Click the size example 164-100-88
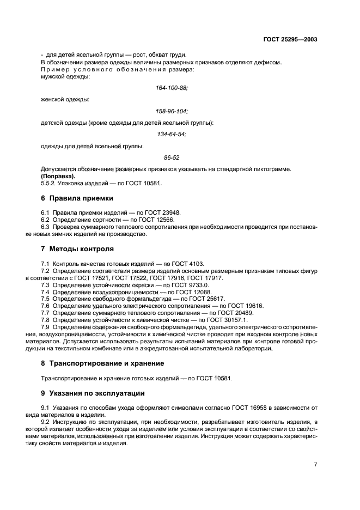pos(172,88)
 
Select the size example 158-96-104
pos(172,111)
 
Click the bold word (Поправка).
pos(58,176)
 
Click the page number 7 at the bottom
pos(316,465)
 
